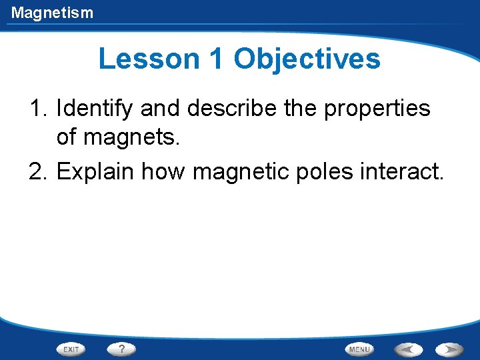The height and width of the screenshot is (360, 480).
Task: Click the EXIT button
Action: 71,349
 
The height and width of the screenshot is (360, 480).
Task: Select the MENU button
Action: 359,349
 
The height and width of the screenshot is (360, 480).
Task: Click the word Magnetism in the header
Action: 52,12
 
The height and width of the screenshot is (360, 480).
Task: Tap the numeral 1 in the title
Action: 216,59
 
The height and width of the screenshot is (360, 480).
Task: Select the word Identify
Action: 95,109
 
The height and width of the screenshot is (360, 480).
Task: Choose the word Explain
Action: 95,171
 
